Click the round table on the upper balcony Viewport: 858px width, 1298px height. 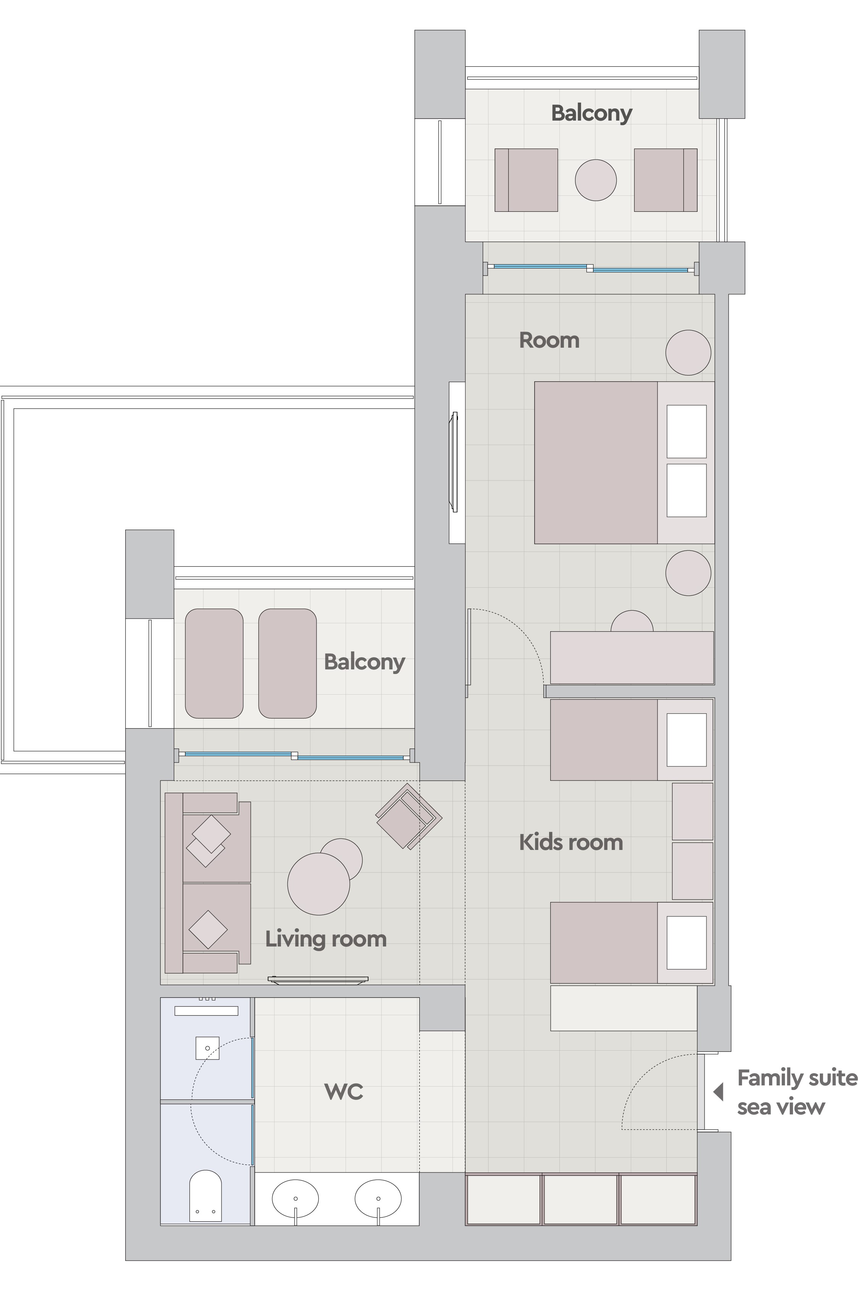point(595,180)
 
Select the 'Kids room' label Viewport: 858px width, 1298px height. point(571,843)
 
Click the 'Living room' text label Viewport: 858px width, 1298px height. point(326,939)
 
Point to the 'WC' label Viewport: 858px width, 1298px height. point(344,1092)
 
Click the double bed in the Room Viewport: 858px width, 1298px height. point(624,463)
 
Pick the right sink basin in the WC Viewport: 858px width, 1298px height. point(378,1198)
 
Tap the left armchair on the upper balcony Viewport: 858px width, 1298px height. point(526,180)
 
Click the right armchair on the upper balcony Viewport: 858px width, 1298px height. point(666,180)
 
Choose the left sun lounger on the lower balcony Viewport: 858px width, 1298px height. point(214,663)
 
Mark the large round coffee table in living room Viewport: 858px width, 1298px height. point(318,884)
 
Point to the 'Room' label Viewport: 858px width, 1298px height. point(549,340)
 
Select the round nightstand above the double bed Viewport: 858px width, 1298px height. point(688,353)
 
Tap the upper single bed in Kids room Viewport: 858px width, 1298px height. point(632,740)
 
